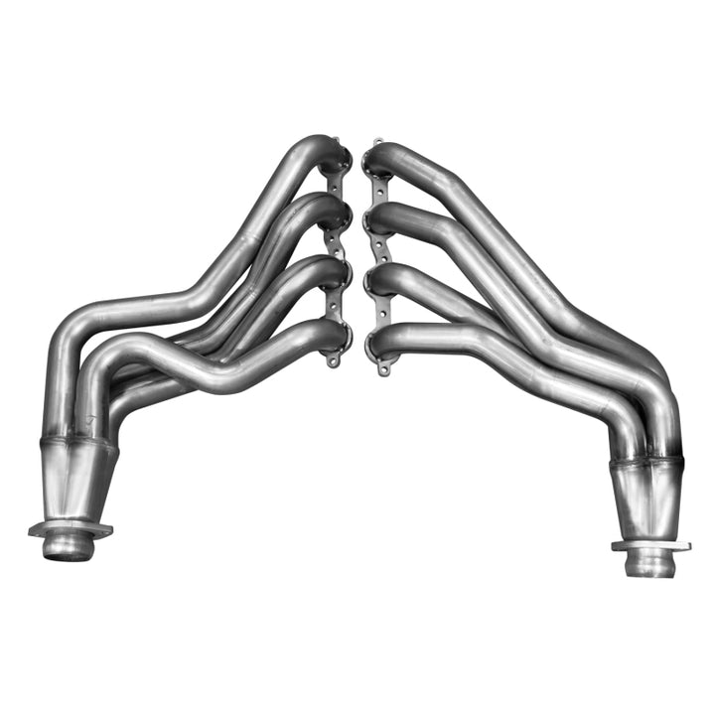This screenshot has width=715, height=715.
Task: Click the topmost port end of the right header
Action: [377, 160]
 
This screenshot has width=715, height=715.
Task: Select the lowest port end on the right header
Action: [379, 344]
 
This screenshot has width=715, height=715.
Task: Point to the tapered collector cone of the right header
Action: [647, 500]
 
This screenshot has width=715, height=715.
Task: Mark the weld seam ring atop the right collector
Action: [645, 463]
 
